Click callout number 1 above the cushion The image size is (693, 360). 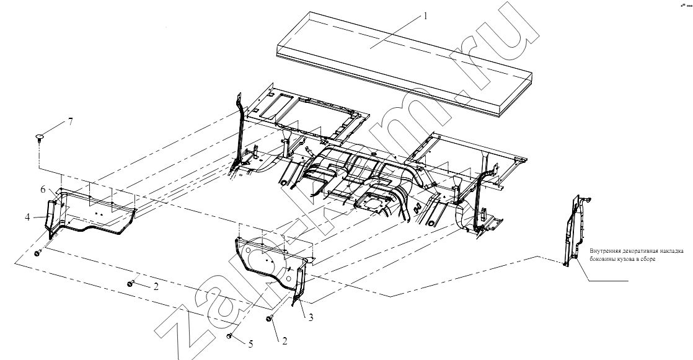point(426,16)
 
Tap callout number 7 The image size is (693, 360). point(70,121)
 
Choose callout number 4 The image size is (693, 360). point(28,217)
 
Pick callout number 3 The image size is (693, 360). point(311,317)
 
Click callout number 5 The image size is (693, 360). point(250,344)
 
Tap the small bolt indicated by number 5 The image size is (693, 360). point(230,337)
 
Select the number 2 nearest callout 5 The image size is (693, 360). point(285,341)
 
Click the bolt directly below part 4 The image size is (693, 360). point(38,253)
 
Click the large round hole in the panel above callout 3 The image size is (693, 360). point(250,255)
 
